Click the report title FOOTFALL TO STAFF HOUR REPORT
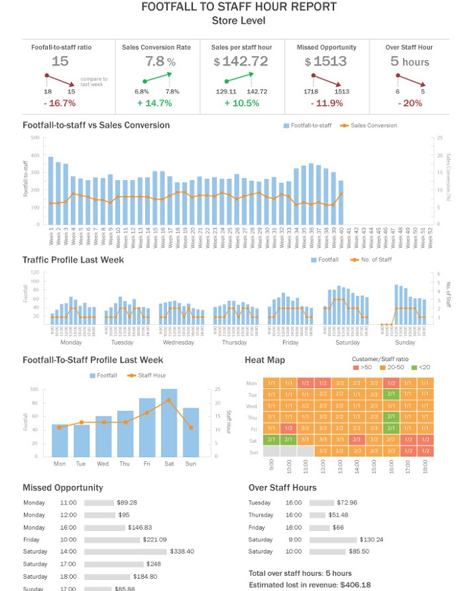pyautogui.click(x=238, y=7)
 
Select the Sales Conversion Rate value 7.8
pyautogui.click(x=155, y=61)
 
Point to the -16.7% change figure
pyautogui.click(x=60, y=103)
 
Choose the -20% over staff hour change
pyautogui.click(x=409, y=103)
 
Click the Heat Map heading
pyautogui.click(x=265, y=360)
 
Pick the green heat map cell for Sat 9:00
pyautogui.click(x=254, y=439)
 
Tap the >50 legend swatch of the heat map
pyautogui.click(x=355, y=368)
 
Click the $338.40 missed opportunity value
pyautogui.click(x=182, y=551)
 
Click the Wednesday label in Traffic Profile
pyautogui.click(x=179, y=342)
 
